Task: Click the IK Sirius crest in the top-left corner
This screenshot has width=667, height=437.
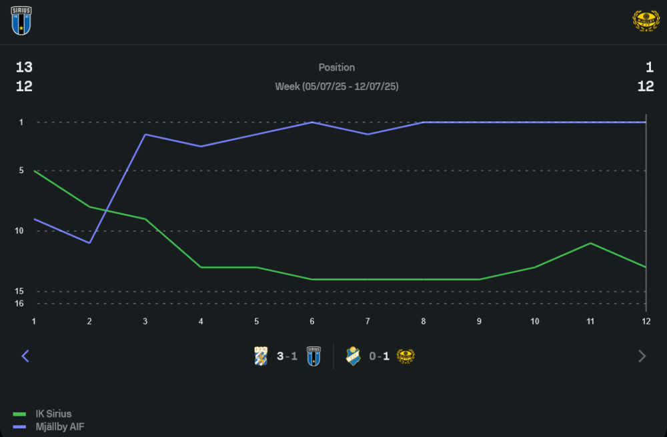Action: pos(21,21)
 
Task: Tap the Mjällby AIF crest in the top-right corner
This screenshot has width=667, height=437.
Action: pos(645,21)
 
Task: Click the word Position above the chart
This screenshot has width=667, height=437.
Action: pos(337,67)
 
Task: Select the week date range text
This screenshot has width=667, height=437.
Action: pos(337,87)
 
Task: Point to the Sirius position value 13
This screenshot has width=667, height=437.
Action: pos(24,67)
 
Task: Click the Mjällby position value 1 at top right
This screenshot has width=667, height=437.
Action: pos(649,67)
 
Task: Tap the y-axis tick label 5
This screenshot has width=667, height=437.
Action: pos(21,171)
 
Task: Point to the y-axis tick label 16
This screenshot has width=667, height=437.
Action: pos(20,303)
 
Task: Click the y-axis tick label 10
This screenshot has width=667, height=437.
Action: pos(20,230)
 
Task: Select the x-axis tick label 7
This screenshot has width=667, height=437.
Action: pos(368,321)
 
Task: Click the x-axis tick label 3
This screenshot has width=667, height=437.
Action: pos(145,321)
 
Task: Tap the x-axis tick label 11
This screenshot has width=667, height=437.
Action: pos(590,321)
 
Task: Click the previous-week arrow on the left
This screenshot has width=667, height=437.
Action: pos(25,356)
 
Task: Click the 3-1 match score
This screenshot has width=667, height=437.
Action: pos(287,356)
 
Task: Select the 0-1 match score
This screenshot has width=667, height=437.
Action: pos(380,356)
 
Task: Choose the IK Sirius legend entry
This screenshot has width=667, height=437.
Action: pos(53,414)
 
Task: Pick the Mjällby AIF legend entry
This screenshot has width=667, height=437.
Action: pos(60,426)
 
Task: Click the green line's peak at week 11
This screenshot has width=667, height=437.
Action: pos(590,243)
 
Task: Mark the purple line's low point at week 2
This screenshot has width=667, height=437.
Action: pos(89,242)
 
